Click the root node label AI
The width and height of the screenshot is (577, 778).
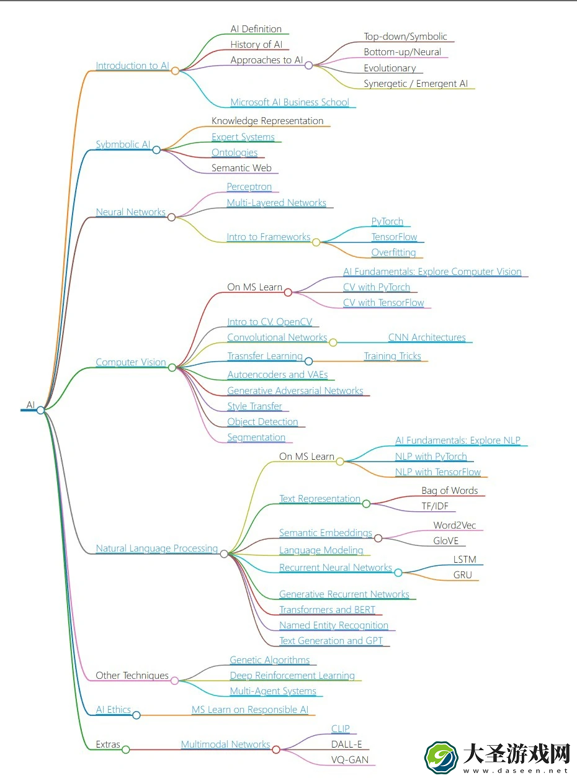click(30, 405)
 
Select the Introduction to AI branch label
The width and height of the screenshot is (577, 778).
click(133, 66)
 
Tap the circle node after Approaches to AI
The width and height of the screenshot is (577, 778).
click(309, 65)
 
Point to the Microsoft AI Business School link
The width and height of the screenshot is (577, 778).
click(290, 102)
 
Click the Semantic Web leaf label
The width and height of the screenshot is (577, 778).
click(241, 168)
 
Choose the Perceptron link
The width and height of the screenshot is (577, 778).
click(249, 187)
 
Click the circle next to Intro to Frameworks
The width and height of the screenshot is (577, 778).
click(316, 242)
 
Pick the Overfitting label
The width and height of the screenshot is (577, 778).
click(393, 253)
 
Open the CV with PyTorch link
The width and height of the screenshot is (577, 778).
click(377, 287)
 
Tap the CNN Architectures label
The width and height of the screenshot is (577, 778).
click(427, 337)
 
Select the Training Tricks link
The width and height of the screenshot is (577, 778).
click(392, 355)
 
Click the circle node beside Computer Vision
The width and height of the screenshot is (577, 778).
click(172, 367)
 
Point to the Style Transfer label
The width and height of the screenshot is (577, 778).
click(254, 406)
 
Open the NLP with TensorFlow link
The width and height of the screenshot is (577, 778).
click(438, 472)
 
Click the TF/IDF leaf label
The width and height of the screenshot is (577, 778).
click(435, 506)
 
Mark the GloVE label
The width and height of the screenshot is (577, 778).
click(446, 540)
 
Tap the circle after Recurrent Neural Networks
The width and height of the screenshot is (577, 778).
click(398, 573)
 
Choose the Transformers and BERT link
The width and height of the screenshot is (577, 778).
click(327, 610)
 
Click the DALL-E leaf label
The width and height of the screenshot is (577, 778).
click(347, 744)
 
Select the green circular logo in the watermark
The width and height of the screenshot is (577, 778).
click(441, 758)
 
